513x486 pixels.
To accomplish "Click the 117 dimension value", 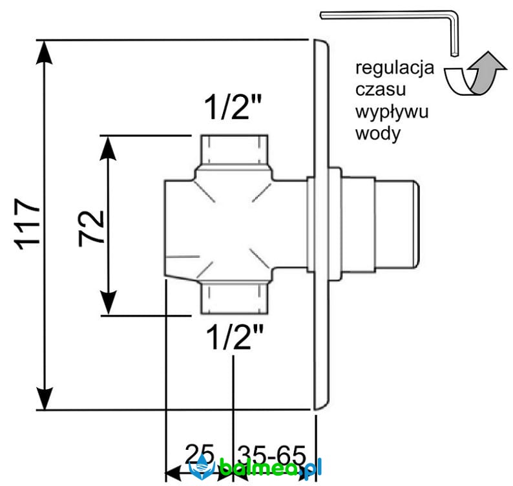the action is click(x=27, y=224).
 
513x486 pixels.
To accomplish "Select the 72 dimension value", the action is click(x=91, y=228).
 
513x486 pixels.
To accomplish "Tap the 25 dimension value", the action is click(x=200, y=454).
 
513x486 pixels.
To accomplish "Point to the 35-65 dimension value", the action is click(x=271, y=455).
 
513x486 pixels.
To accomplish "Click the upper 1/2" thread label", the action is click(x=233, y=107).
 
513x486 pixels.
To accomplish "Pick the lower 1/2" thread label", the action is click(x=235, y=337).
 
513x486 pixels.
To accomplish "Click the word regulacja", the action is click(x=395, y=69).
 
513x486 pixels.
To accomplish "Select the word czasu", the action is click(x=381, y=90).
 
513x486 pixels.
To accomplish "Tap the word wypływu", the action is click(x=392, y=112).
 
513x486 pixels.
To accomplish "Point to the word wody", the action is click(x=378, y=134).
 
